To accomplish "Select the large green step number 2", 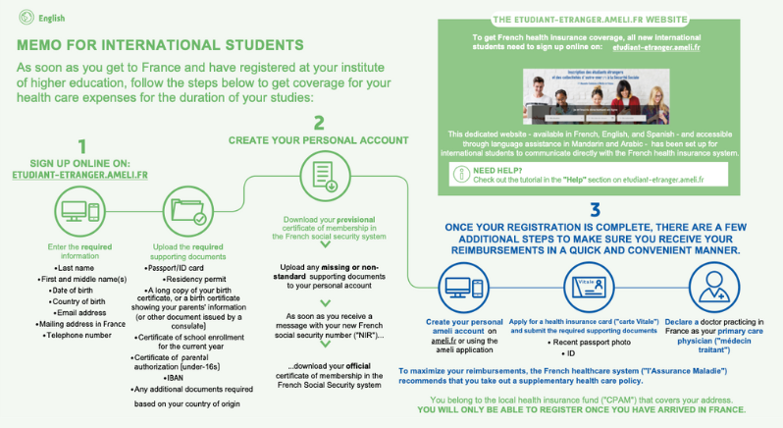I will [x=319, y=123].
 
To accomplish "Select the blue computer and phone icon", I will [x=463, y=288].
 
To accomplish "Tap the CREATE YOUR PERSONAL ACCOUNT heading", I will [x=318, y=141].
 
